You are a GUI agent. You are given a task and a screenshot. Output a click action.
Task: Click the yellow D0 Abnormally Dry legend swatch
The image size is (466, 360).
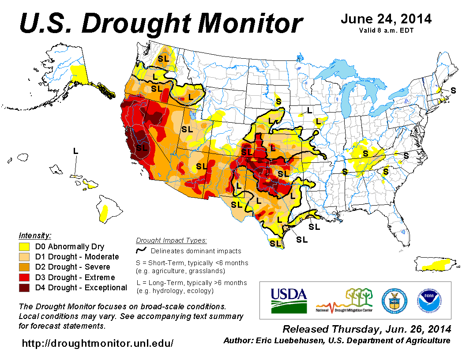[24, 247]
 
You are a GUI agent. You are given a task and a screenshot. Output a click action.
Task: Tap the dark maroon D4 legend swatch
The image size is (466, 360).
[24, 288]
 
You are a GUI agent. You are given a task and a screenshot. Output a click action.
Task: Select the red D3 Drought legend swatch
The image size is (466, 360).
[24, 277]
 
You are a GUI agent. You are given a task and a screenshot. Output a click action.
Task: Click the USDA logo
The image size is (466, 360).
[289, 300]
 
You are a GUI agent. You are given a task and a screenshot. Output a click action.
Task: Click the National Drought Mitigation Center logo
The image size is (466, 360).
[345, 300]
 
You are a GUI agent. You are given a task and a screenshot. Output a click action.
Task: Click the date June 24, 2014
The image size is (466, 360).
[386, 19]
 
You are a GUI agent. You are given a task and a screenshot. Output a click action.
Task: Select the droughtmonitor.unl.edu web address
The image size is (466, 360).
[98, 343]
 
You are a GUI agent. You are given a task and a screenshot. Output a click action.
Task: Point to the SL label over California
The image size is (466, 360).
[142, 148]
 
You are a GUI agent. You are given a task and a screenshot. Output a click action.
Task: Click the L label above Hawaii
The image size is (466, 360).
[75, 151]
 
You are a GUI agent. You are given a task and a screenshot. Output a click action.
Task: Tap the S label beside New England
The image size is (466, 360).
[453, 90]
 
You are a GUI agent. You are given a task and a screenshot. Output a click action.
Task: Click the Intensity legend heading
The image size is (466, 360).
[35, 235]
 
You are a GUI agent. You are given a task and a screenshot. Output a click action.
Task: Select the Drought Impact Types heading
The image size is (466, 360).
[171, 240]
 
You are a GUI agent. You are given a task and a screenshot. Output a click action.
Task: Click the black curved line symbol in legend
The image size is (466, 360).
[141, 251]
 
